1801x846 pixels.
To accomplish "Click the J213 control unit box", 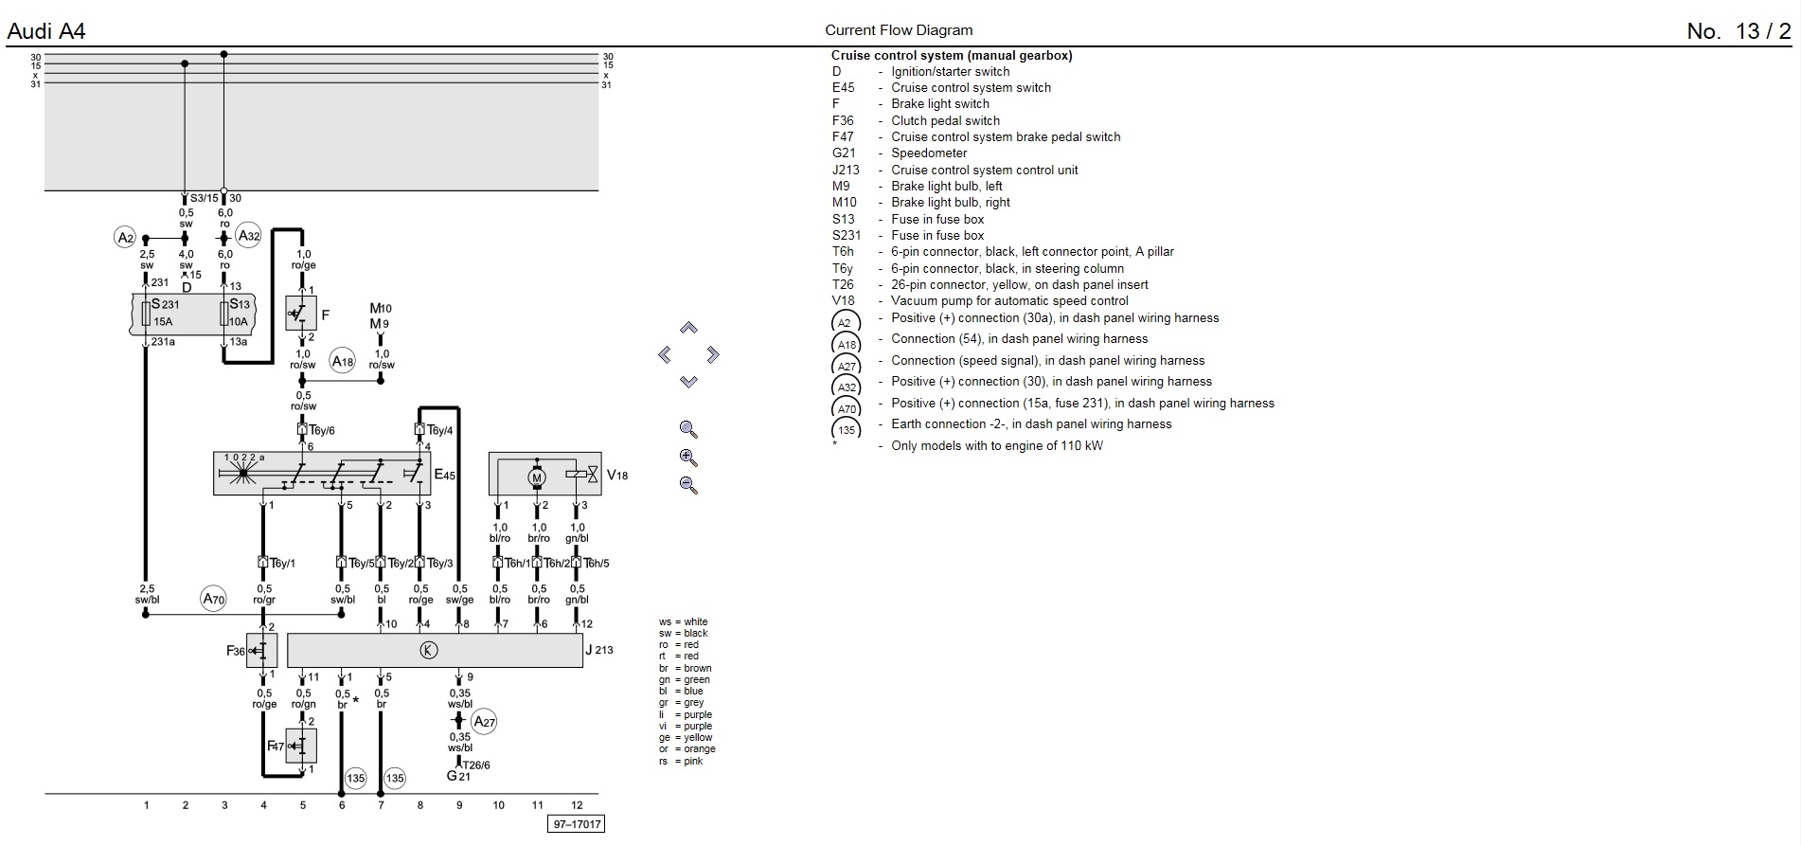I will [435, 650].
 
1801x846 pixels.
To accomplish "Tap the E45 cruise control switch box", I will [322, 473].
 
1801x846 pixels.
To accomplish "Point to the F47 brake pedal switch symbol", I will [301, 746].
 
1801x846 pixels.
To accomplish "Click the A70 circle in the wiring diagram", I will [214, 599].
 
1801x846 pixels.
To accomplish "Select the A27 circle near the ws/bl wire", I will [484, 722].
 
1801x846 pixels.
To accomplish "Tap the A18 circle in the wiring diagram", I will [342, 361].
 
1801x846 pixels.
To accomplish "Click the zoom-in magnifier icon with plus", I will [688, 458].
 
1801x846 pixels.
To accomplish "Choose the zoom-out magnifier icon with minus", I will [688, 485].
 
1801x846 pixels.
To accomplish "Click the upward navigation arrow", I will [688, 328].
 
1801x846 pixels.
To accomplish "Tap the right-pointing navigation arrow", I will [713, 355].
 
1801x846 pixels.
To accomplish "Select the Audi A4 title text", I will [45, 31].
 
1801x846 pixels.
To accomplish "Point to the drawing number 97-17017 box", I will [576, 824].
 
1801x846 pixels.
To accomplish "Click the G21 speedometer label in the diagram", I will [458, 777].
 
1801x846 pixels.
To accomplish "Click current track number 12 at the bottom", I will [577, 805].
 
